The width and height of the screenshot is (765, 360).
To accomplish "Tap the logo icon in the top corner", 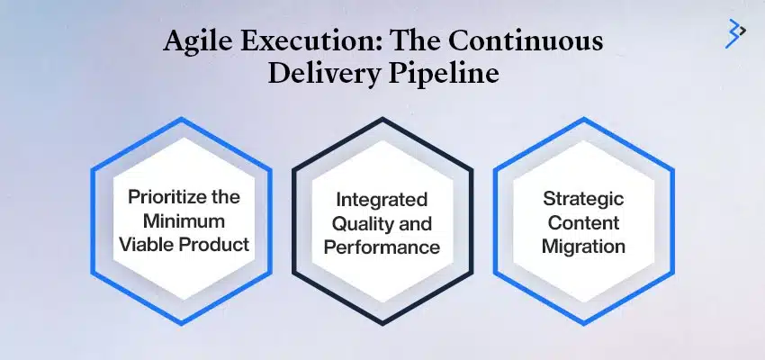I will (x=735, y=31).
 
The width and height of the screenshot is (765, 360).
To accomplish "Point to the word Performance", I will (x=382, y=245).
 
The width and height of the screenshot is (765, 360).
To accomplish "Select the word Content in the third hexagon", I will (x=583, y=221).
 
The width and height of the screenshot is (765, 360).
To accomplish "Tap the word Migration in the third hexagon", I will (x=583, y=245).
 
